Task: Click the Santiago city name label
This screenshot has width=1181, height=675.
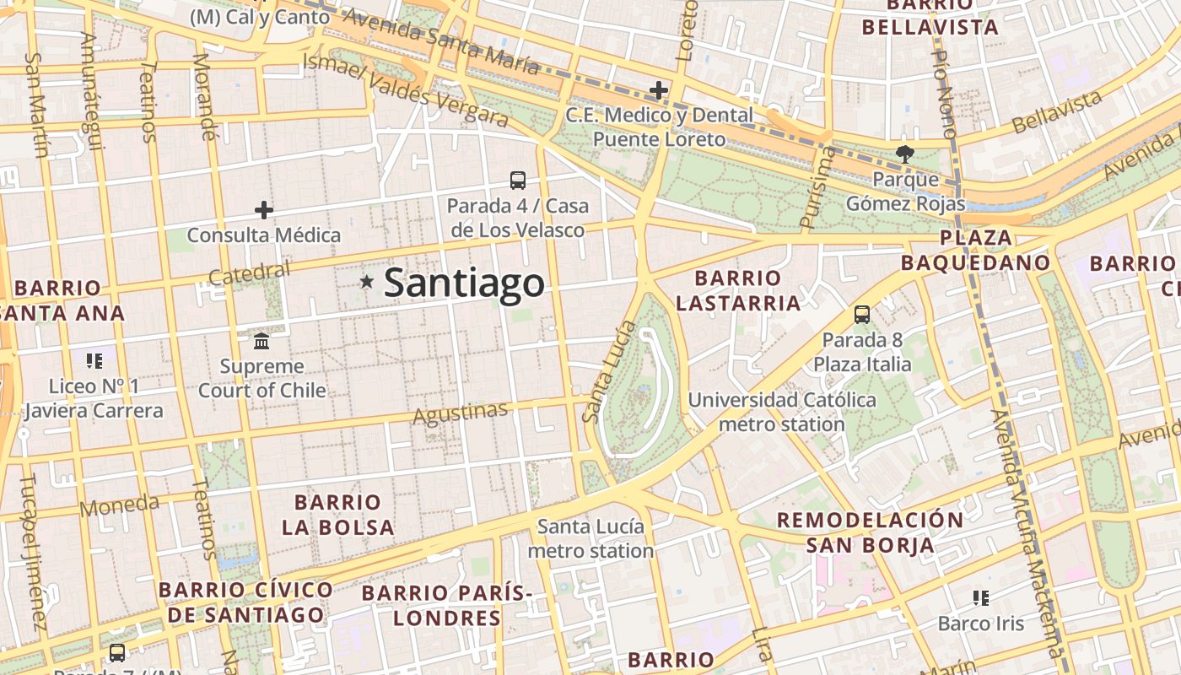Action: [464, 283]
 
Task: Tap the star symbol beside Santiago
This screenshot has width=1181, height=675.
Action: [366, 282]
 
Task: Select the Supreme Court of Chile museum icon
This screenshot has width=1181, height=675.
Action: [262, 342]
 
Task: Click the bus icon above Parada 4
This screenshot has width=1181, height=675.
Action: [518, 180]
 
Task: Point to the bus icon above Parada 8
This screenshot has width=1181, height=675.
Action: [862, 315]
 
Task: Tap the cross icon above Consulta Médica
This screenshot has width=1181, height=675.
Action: [264, 209]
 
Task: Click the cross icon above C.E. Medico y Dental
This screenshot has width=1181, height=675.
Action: [659, 89]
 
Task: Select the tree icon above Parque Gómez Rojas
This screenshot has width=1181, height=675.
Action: [905, 154]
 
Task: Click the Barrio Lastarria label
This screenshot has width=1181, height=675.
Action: [738, 290]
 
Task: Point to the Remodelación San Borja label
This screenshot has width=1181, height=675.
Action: [870, 532]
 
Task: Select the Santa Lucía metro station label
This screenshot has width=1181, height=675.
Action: [590, 538]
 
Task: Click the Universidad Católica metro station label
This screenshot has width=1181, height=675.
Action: [782, 412]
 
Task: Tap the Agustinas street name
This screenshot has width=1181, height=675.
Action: [460, 413]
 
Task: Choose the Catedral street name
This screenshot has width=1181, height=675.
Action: [248, 273]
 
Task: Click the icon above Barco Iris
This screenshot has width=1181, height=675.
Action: [980, 598]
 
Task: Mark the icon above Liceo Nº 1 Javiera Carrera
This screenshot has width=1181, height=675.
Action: [94, 361]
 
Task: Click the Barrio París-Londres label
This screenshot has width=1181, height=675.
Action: [447, 605]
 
